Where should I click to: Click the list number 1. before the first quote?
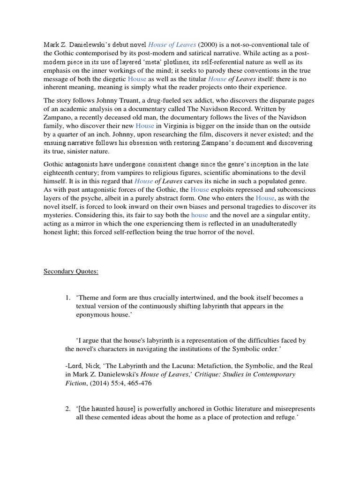[68, 298]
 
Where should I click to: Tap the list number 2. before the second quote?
[68, 408]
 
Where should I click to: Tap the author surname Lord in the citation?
[75, 366]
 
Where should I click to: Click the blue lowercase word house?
[199, 215]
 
